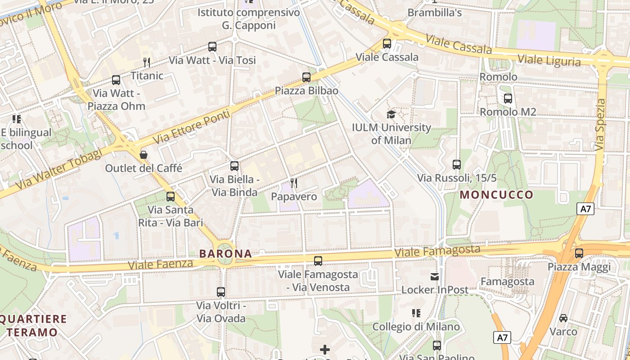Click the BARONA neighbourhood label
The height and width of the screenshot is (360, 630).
click(225, 253)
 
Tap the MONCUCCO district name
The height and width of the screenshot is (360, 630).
click(496, 195)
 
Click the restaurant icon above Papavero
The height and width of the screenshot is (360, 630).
click(294, 183)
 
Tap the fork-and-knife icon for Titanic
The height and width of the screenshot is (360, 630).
click(146, 62)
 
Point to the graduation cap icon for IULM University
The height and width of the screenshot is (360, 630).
click(391, 114)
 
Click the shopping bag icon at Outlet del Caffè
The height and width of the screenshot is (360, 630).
click(144, 155)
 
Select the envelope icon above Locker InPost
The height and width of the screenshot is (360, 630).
click(435, 276)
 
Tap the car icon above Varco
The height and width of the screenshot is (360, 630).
click(563, 318)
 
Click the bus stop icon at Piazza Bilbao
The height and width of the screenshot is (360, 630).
click(306, 77)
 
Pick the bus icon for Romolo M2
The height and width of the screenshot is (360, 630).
click(508, 98)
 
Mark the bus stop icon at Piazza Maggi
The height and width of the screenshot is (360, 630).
click(579, 253)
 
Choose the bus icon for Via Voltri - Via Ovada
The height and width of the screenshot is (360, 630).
click(220, 292)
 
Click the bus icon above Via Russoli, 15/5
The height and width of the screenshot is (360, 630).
click(457, 165)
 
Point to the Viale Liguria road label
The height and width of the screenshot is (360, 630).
click(549, 60)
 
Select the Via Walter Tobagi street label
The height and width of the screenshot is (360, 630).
click(58, 169)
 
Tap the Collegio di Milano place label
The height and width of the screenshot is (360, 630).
click(416, 327)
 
